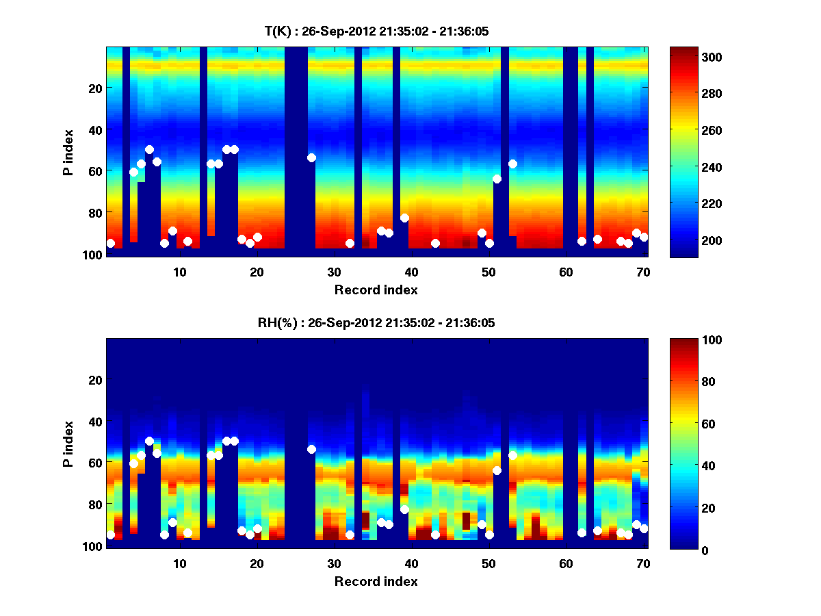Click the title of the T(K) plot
376,31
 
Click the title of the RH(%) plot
376,322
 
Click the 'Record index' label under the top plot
376,290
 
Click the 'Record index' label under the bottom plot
376,581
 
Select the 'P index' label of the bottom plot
68,444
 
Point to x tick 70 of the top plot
643,271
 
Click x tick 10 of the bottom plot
179,563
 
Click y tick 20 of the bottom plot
95,380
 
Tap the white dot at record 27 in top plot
311,157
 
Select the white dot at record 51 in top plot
497,179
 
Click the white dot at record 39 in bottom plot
404,509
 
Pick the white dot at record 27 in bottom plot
311,449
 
